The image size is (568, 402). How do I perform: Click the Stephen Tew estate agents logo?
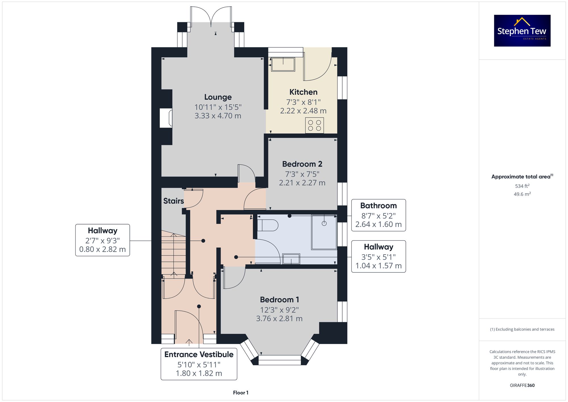[x=522, y=31]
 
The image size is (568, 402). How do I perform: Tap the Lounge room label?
[x=218, y=97]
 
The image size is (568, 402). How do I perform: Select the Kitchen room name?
[x=303, y=92]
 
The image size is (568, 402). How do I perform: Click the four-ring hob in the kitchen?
[x=314, y=125]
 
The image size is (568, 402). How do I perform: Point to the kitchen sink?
[x=283, y=64]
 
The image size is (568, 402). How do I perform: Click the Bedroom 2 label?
[x=302, y=164]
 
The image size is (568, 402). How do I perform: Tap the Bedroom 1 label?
[x=279, y=300]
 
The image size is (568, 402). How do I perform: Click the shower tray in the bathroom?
[x=324, y=232]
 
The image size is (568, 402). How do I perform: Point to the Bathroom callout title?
[x=379, y=206]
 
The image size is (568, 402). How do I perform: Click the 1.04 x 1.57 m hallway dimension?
[x=379, y=266]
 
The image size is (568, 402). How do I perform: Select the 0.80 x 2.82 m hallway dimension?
[x=103, y=249]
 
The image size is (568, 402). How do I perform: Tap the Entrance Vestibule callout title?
[x=199, y=355]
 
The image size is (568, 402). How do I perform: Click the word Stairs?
[x=174, y=201]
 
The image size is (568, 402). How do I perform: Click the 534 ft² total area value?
[x=522, y=186]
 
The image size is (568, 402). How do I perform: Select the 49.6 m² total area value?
[x=522, y=194]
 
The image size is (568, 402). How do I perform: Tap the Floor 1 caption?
[x=241, y=393]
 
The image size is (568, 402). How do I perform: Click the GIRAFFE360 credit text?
[x=522, y=386]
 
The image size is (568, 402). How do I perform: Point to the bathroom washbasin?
[x=291, y=259]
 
